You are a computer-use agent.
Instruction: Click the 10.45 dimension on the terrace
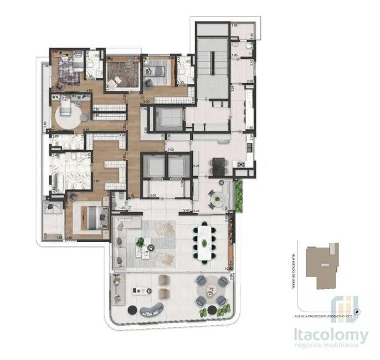(116, 274)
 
